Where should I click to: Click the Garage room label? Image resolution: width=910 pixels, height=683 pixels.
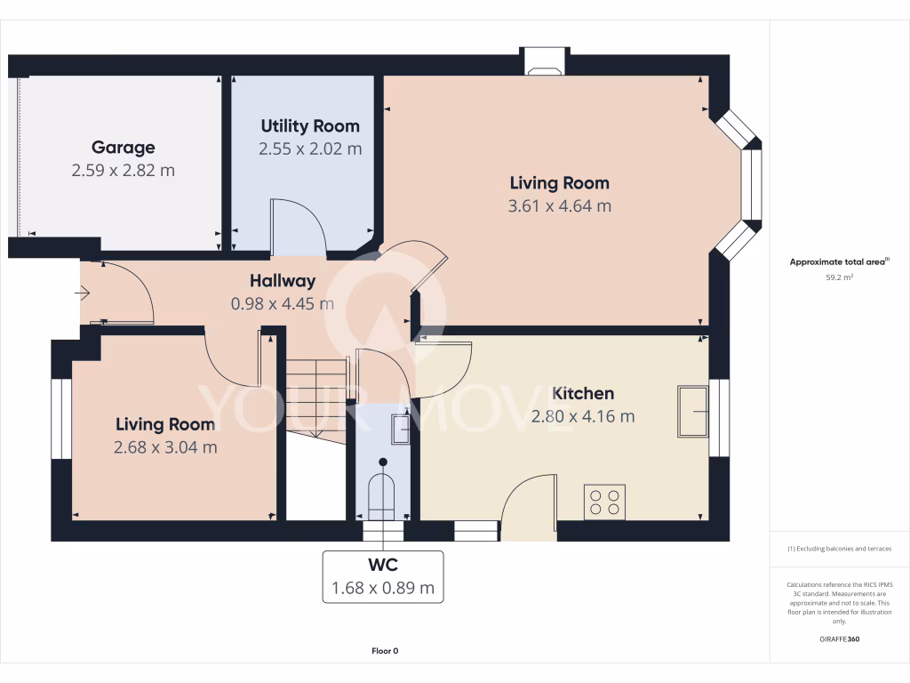point(123,148)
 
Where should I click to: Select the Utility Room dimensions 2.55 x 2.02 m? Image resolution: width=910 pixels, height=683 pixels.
point(310,149)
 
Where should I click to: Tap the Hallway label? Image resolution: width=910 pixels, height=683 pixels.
point(283,281)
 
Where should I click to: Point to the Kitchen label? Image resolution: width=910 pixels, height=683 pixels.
point(583,393)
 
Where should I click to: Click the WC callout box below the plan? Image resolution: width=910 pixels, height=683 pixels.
point(383,576)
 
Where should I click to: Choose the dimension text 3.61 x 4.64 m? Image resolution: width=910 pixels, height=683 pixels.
point(560,206)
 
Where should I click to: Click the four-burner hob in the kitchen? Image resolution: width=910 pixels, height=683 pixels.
point(604,501)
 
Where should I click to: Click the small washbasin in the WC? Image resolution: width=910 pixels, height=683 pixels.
point(400,430)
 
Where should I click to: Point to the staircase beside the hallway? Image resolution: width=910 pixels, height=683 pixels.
point(315,396)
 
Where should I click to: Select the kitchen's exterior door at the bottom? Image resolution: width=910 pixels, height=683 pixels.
point(530,507)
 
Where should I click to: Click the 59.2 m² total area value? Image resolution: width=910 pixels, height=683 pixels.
point(839,277)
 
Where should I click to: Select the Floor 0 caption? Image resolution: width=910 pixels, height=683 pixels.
point(385,651)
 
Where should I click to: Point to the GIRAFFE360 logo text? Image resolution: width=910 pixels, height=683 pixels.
point(839,639)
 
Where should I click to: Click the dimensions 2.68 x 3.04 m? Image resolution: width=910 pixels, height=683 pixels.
point(165,447)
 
